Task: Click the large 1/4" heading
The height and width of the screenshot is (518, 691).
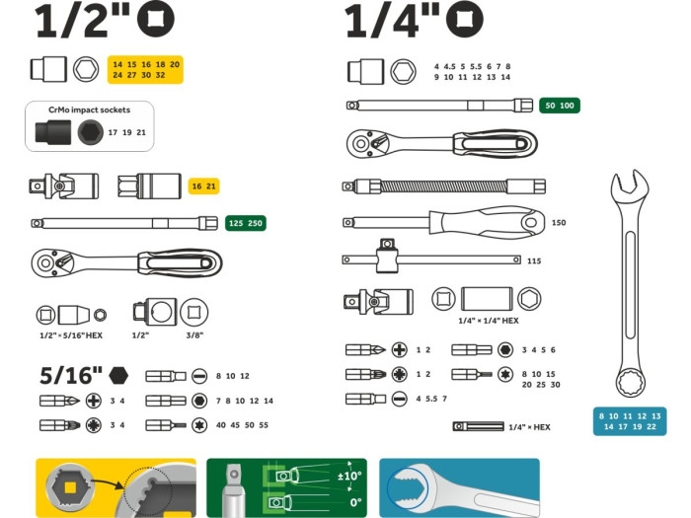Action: pos(393,22)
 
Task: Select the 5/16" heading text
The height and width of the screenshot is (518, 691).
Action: pos(70,375)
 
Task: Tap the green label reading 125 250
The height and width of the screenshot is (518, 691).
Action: pos(246,223)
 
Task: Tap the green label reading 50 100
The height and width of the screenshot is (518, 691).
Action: pos(560,106)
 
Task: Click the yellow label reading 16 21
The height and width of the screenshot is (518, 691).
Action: pos(203,185)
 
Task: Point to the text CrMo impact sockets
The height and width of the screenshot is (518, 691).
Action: pos(89,110)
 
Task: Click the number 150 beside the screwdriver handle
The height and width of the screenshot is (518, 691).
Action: pos(559,223)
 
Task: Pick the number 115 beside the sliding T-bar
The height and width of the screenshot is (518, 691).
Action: pos(534,260)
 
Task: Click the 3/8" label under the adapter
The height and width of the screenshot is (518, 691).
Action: pos(196,335)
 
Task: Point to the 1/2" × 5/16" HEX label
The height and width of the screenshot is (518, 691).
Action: pos(70,335)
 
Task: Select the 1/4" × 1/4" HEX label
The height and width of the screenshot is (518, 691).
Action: pos(488,321)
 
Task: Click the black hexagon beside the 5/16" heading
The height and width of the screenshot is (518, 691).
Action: pos(120,375)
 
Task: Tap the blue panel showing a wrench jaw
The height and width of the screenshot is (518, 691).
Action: pos(459,487)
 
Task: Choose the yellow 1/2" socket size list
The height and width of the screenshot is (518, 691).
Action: pos(146,69)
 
